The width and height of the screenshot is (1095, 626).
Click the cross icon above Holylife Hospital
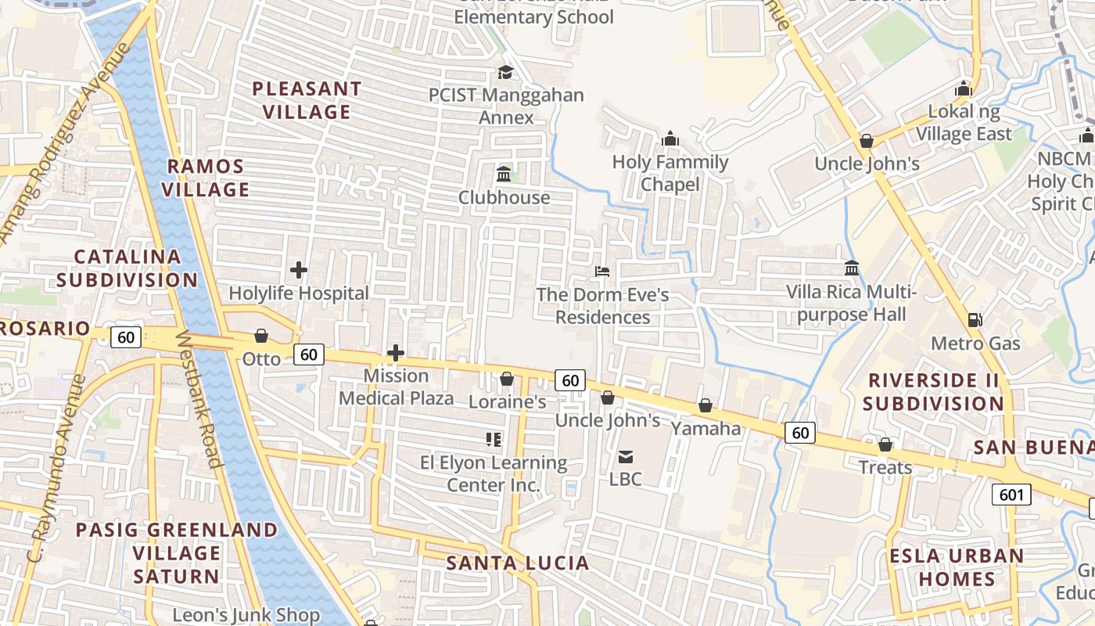[298, 271]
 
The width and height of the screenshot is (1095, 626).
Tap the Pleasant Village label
[307, 100]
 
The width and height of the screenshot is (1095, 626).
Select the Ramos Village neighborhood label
[206, 178]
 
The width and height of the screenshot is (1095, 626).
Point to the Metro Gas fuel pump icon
[975, 320]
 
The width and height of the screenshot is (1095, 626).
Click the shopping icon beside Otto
[261, 336]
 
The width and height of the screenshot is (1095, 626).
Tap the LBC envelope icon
[626, 456]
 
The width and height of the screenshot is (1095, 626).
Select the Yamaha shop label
[705, 428]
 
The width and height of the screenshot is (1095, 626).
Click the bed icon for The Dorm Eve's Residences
[601, 272]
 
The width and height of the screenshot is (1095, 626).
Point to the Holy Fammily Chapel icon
[670, 139]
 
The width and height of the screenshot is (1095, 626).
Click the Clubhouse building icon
[504, 174]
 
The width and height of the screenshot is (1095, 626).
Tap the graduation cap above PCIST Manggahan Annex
[505, 72]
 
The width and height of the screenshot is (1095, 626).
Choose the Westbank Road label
[199, 399]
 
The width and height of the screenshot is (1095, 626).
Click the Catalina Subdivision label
[127, 268]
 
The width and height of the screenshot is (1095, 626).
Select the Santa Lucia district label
[517, 563]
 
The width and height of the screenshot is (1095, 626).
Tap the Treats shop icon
[885, 444]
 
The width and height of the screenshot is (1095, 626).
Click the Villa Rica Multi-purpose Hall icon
[852, 268]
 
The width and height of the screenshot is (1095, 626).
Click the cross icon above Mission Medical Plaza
[396, 353]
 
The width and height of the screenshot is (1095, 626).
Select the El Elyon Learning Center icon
[493, 440]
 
